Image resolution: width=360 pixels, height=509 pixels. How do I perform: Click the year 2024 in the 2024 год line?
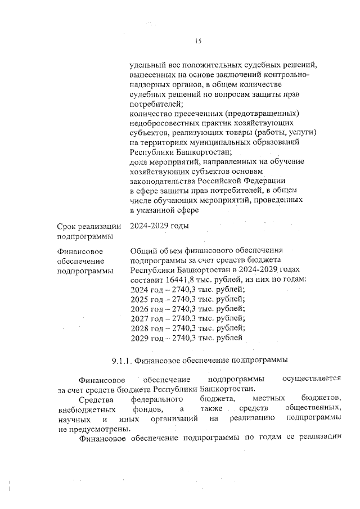coord(138,289)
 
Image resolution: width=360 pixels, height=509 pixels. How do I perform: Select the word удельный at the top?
coord(148,65)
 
